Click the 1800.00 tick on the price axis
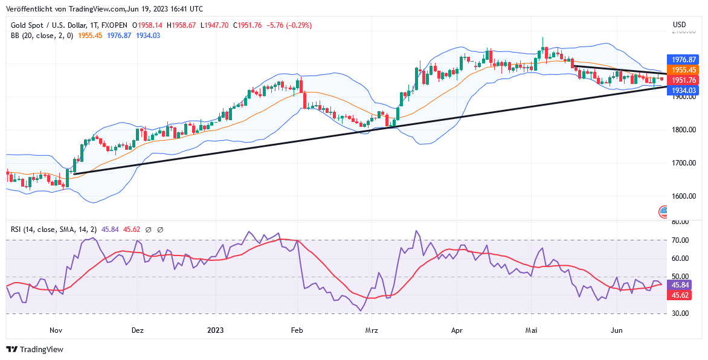point(684,130)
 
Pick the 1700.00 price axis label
point(684,163)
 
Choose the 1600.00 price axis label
point(684,196)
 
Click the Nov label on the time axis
point(56,330)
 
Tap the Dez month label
point(138,330)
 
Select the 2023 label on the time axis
point(216,330)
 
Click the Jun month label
point(617,330)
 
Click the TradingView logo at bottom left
point(34,349)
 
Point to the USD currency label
point(680,25)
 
